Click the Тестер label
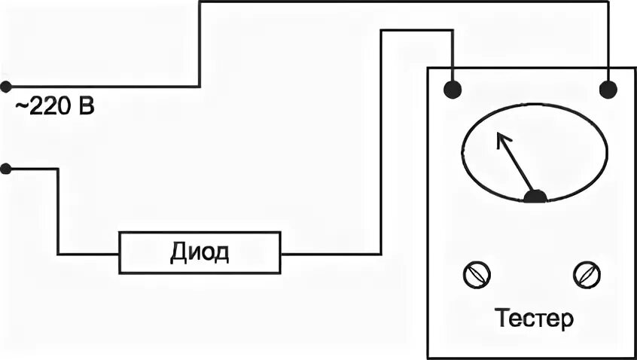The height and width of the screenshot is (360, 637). (535, 319)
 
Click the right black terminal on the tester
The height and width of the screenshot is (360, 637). (608, 90)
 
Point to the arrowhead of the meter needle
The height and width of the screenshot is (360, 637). (499, 136)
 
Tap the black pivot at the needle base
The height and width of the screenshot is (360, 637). (535, 197)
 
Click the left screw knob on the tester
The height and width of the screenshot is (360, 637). (477, 274)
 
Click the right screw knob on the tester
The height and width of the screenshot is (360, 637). (585, 274)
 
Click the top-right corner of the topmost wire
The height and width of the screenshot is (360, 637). (608, 2)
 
